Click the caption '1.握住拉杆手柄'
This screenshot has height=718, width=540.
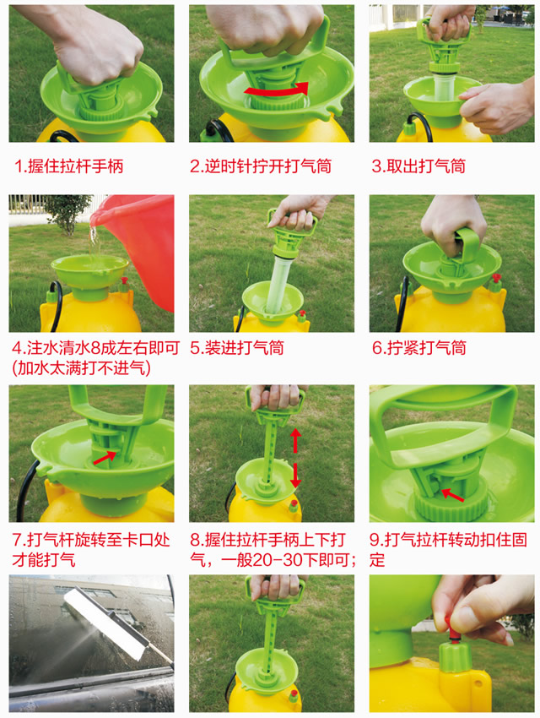[x=69, y=166]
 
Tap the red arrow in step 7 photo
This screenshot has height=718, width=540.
[x=106, y=457]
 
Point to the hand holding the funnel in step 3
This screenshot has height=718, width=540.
[x=498, y=106]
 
